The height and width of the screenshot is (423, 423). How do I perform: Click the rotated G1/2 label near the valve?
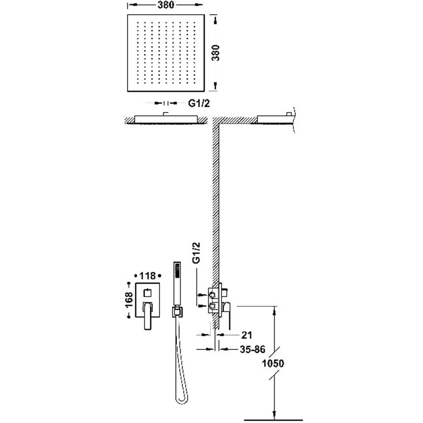198,261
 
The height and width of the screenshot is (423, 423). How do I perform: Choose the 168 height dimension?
129,300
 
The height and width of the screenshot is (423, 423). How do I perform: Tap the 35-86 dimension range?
252,349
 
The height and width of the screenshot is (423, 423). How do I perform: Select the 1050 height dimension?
274,363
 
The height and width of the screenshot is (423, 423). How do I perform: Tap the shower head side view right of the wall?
275,118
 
